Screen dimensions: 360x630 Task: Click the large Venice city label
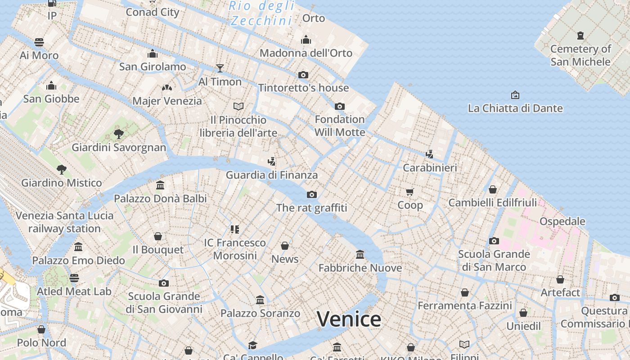[349, 319]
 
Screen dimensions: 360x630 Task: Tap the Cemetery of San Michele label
[580, 55]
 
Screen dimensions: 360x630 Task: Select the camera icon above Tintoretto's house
[303, 75]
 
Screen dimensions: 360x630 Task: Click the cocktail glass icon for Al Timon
[220, 68]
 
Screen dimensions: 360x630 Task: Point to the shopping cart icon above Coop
[409, 192]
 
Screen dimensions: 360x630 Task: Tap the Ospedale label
[562, 221]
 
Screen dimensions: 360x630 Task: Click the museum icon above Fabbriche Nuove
[360, 255]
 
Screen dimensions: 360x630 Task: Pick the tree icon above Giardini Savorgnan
[119, 134]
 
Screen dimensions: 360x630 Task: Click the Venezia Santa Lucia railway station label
[65, 222]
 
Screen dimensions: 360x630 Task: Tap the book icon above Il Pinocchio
[238, 106]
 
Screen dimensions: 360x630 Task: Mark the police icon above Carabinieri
[429, 154]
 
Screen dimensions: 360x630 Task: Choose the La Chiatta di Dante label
[515, 108]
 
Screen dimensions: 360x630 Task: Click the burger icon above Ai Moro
[39, 42]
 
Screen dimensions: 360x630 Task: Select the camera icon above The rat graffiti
[311, 194]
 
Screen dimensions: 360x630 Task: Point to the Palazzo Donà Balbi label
[160, 198]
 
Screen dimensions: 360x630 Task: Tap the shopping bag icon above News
[285, 246]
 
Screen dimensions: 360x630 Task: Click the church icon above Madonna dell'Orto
[306, 40]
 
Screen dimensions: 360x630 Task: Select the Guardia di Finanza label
[272, 175]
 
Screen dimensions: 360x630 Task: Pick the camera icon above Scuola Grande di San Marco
[494, 241]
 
